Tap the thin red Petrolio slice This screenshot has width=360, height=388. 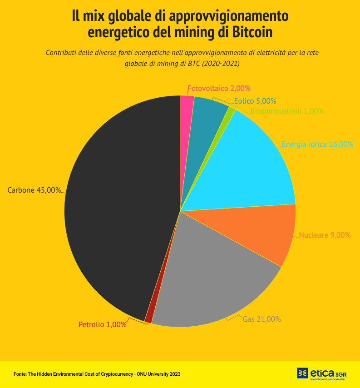148,318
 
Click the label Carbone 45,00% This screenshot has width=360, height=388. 34,190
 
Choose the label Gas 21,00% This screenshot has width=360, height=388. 262,319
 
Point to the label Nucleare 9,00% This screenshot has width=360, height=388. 325,235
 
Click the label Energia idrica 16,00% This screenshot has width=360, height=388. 317,144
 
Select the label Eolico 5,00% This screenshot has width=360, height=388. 255,101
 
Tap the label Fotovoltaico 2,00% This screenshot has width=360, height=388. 219,89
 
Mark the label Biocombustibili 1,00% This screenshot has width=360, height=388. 287,111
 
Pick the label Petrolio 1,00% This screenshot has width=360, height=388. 102,324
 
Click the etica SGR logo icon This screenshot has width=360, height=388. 303,373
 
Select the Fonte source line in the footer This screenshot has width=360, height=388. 97,374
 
